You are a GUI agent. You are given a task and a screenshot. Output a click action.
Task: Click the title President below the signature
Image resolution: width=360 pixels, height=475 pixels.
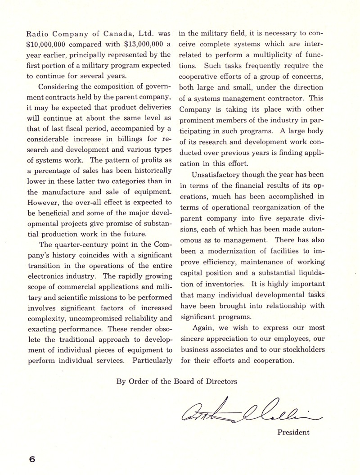[x=293, y=432]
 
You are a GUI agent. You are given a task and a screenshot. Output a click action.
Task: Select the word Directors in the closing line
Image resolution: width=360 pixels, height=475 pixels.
[x=220, y=382]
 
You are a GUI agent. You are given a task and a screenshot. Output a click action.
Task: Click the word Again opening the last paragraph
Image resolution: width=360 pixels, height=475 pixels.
[x=202, y=327]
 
